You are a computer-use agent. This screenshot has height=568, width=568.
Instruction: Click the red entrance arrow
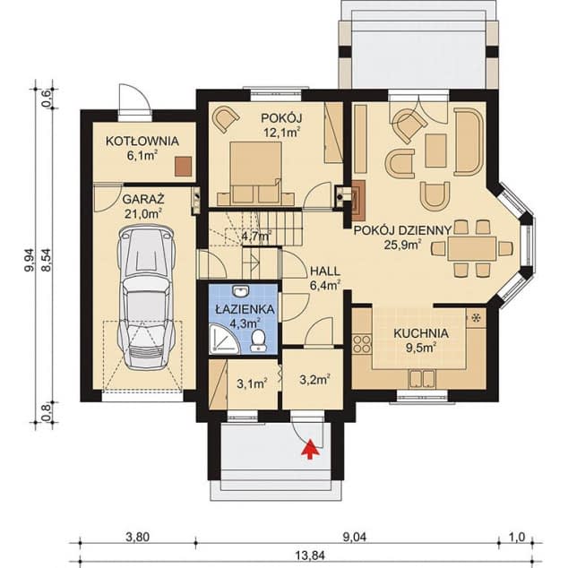coord(310,449)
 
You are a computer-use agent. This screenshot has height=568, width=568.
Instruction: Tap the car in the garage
coord(146,297)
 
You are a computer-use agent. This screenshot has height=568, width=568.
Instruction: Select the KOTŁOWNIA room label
coord(142,141)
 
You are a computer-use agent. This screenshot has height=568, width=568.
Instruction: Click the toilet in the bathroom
coord(258,340)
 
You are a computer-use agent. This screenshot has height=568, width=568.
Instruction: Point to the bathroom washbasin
coord(241,291)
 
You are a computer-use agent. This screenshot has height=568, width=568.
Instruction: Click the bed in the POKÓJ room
coord(255,174)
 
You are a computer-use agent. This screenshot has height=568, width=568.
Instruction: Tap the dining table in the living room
coord(471,248)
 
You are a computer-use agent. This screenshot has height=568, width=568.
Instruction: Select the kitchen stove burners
coord(362,344)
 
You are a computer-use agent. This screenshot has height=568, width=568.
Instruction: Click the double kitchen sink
coord(422,379)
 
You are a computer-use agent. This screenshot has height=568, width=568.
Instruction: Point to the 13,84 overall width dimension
coord(310,555)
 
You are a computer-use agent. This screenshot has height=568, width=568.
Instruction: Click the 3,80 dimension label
coord(138,537)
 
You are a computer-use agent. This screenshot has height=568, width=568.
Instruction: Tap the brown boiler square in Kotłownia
coord(184,167)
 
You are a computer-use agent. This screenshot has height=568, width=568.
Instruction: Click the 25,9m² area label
coord(402,245)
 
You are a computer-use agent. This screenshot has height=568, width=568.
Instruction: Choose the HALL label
coord(325,271)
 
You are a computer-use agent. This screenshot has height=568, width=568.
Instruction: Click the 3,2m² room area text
coord(314,380)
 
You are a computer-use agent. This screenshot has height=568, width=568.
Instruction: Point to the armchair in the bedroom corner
coord(225,118)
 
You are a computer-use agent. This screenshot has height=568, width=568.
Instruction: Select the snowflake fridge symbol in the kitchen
coord(477,318)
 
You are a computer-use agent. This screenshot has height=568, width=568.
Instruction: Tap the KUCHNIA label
coord(421,333)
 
